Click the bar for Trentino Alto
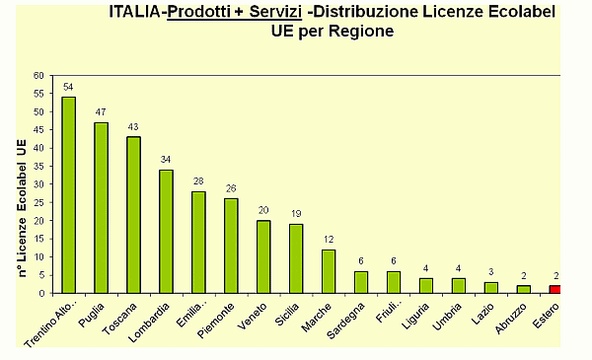[68, 194]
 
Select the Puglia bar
[101, 207]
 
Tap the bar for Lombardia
[166, 231]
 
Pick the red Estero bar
[555, 289]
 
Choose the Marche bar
[328, 271]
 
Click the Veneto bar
[263, 256]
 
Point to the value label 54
[68, 87]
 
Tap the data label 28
[198, 181]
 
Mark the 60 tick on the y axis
[38, 75]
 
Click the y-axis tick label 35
[38, 166]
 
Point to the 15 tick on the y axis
[38, 239]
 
